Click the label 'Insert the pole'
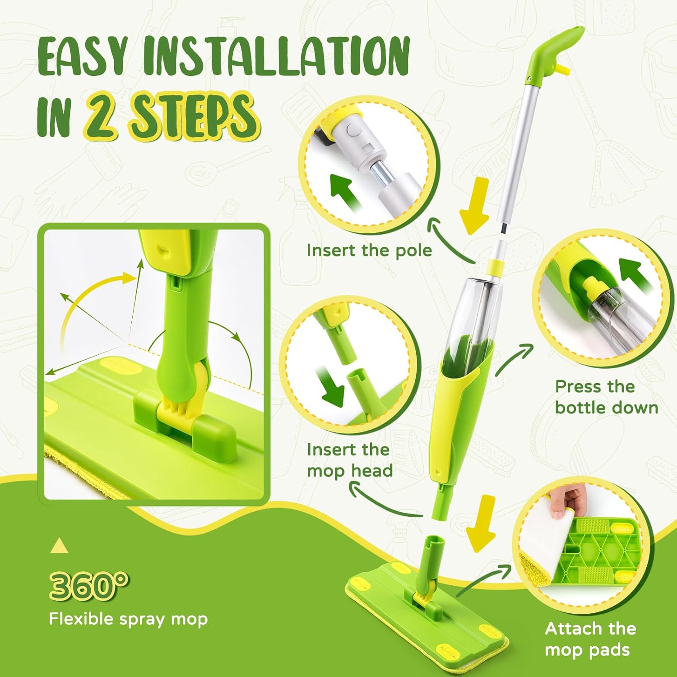[x=369, y=250]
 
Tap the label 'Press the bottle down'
[x=606, y=397]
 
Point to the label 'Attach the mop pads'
[x=590, y=639]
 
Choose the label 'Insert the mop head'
[x=349, y=460]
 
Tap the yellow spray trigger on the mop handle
[x=561, y=69]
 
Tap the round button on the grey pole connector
[x=352, y=131]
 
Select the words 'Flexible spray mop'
[x=128, y=619]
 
